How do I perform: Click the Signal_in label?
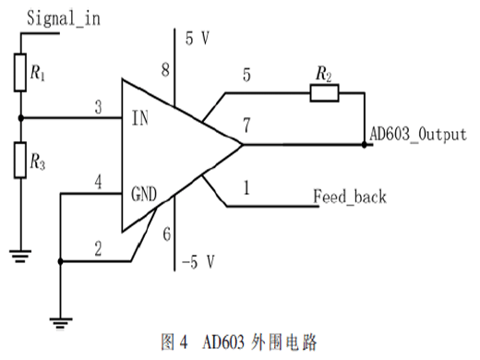[x=64, y=18]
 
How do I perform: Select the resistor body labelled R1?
[x=20, y=73]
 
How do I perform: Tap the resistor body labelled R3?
[x=20, y=161]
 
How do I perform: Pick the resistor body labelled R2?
[x=325, y=93]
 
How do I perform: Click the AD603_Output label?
[x=418, y=135]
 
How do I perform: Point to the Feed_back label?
[x=350, y=197]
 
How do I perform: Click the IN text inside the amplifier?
[x=140, y=118]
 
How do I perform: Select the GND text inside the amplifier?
[x=144, y=194]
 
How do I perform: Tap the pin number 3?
[x=98, y=107]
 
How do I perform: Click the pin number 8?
[x=165, y=69]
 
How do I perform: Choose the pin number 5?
[x=246, y=75]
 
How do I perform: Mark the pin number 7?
[x=246, y=126]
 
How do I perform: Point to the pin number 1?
[x=246, y=187]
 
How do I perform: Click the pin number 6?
[x=167, y=234]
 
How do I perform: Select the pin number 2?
[x=98, y=248]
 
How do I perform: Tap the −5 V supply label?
[x=198, y=262]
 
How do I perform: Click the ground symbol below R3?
[x=20, y=256]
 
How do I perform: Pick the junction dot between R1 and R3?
[x=20, y=118]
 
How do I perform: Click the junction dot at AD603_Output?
[x=365, y=144]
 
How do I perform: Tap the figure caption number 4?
[x=184, y=342]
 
